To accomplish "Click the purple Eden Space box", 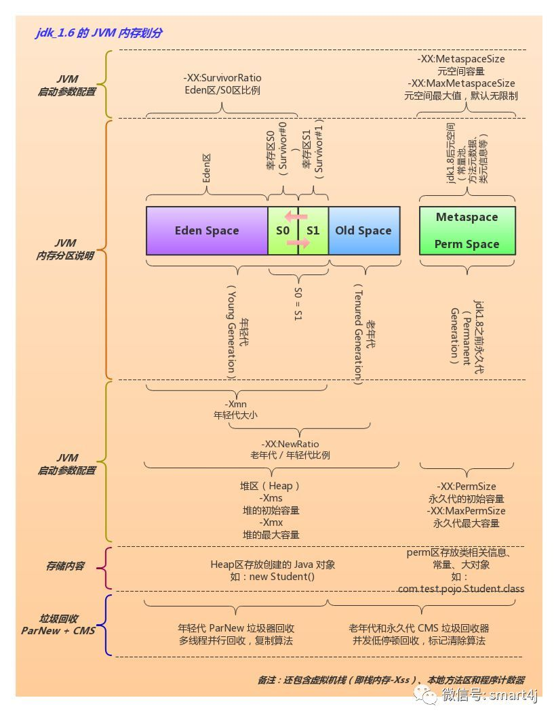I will [207, 230].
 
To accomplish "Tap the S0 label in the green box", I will [282, 230].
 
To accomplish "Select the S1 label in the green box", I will [313, 230].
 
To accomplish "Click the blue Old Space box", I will [363, 230].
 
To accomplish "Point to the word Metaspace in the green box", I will [466, 218].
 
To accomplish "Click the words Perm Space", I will [466, 244].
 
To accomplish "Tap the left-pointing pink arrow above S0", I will [296, 217].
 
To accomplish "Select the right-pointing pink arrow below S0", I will [298, 243].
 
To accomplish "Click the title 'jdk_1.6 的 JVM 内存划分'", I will [99, 33].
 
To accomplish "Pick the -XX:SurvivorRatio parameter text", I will [222, 78].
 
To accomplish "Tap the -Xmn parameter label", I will [237, 404].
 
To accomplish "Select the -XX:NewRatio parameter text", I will [290, 443].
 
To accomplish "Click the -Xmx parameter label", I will [271, 522].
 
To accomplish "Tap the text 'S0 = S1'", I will [298, 304].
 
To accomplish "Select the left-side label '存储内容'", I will [66, 566].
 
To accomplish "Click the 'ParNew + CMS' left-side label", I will [58, 631].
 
